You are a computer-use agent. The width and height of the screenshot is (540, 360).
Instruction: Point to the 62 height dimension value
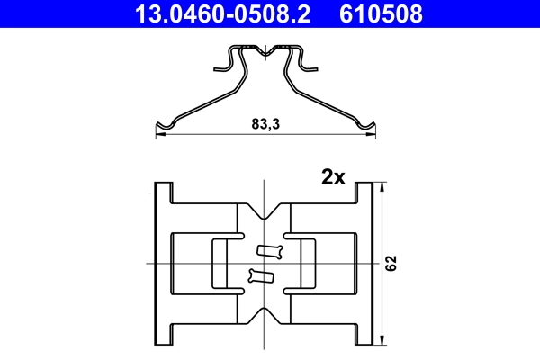coord(391,263)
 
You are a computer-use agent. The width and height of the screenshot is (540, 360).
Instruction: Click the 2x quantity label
coord(333,177)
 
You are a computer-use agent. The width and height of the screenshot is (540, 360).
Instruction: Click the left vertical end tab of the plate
coord(163,263)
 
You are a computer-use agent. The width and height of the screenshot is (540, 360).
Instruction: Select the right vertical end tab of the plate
coord(364,263)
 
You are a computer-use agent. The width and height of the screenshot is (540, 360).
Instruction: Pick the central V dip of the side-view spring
coord(265,56)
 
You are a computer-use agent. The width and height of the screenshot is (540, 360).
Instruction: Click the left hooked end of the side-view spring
coord(164,125)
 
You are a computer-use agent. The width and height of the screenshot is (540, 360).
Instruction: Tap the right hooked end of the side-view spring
coord(366,125)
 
